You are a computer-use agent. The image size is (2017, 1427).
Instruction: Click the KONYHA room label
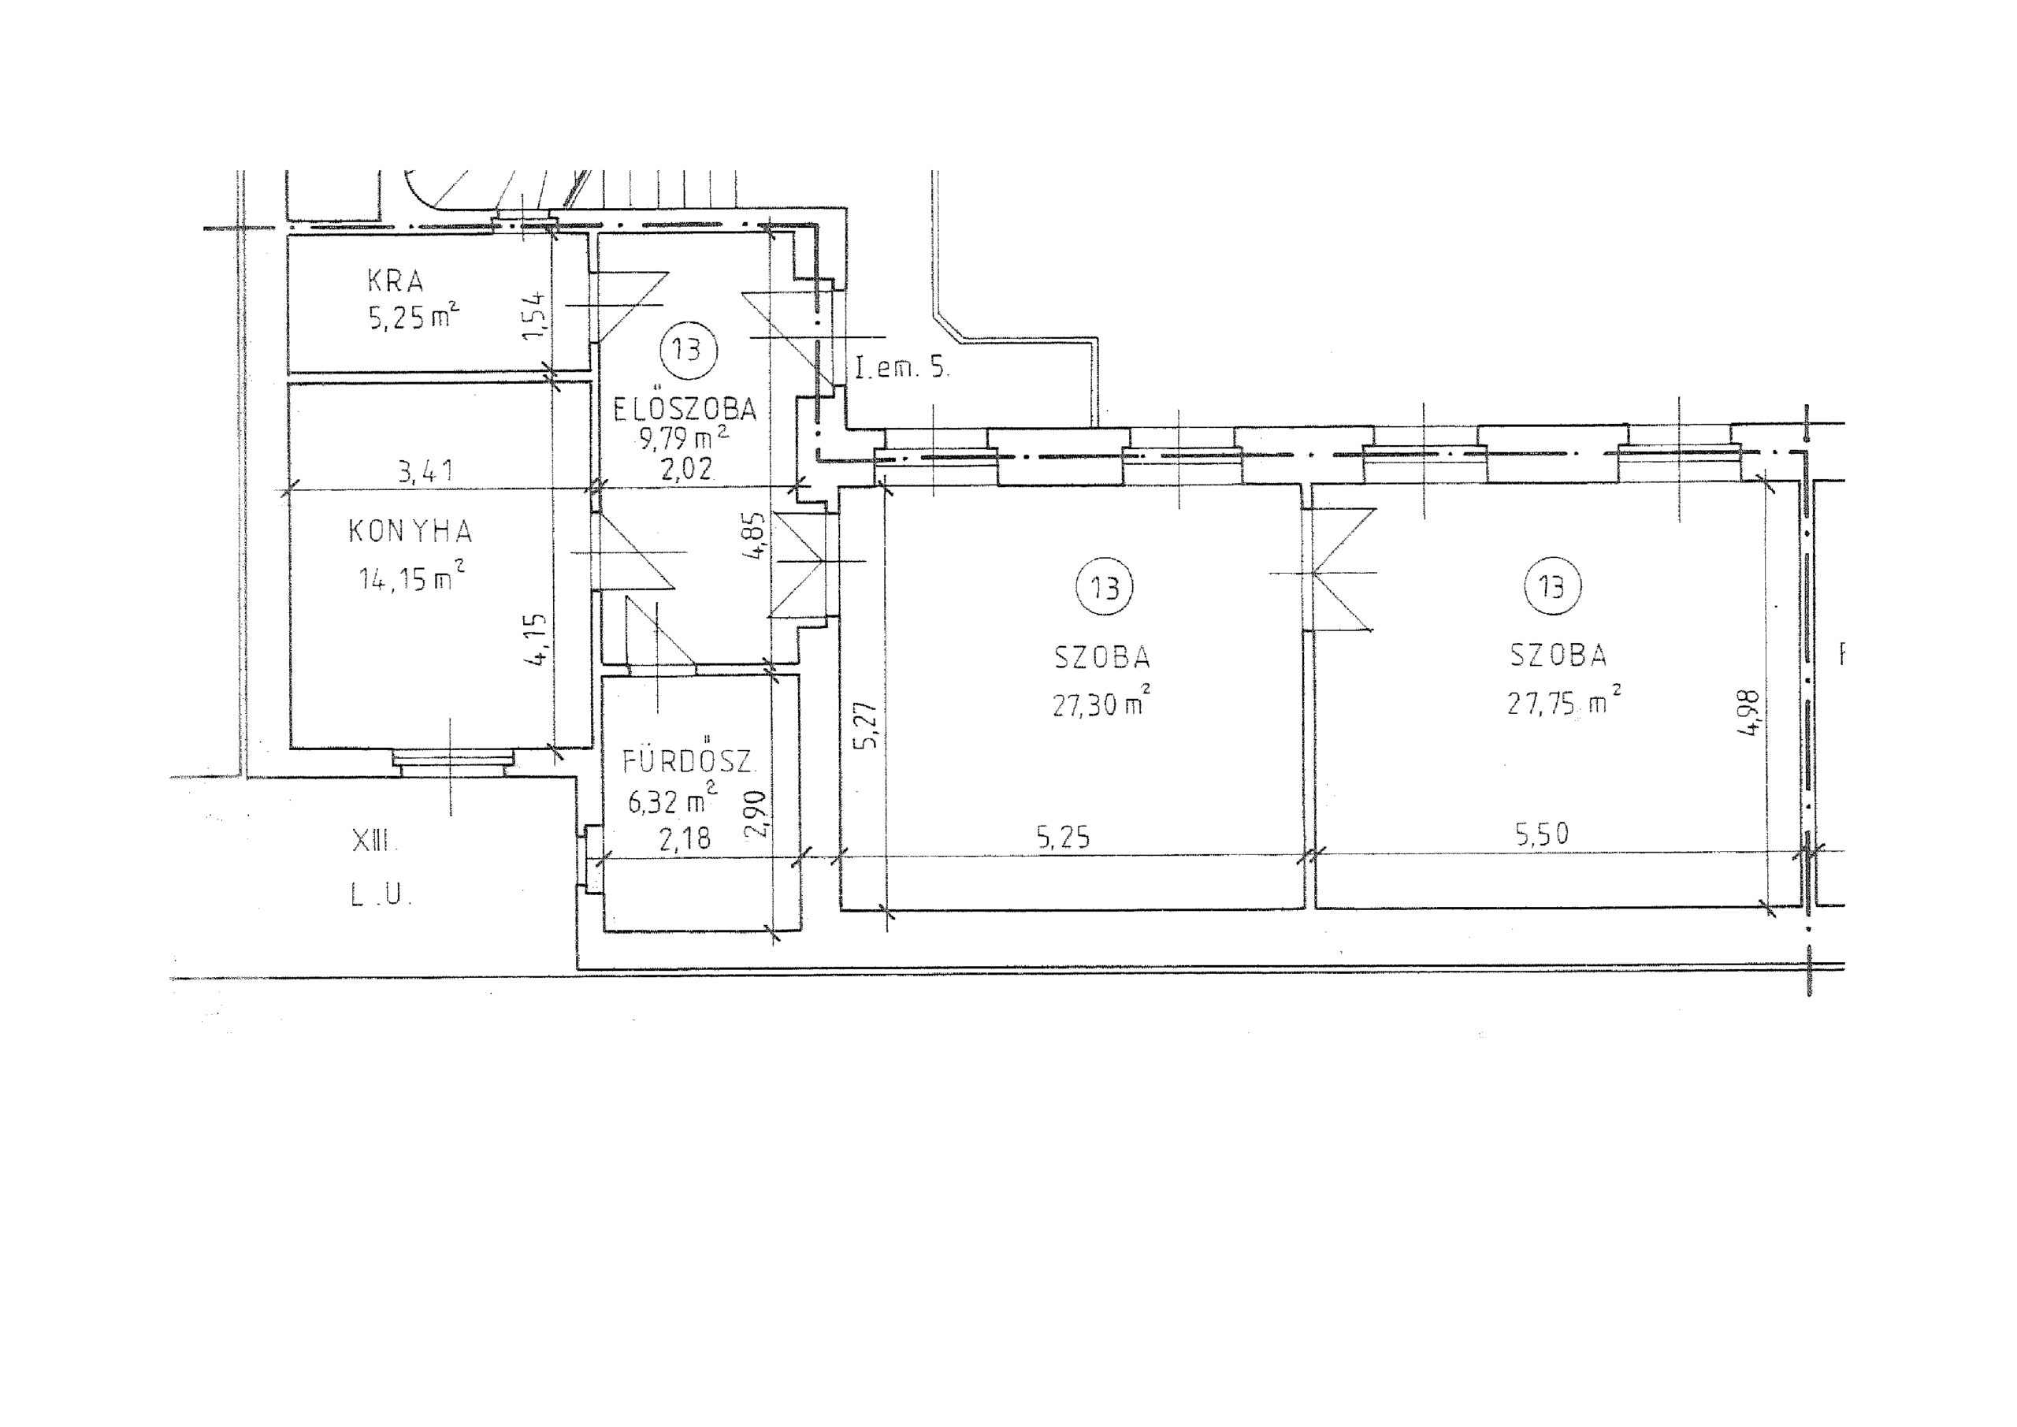pyautogui.click(x=411, y=532)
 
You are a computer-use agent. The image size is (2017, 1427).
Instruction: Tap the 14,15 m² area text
pyautogui.click(x=411, y=577)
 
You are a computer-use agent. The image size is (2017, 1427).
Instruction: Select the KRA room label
pyautogui.click(x=396, y=281)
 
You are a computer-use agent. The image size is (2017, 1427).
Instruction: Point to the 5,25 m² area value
pyautogui.click(x=413, y=315)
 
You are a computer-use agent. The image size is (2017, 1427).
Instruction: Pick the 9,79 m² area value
pyautogui.click(x=685, y=437)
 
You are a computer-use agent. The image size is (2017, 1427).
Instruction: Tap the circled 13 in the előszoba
pyautogui.click(x=688, y=349)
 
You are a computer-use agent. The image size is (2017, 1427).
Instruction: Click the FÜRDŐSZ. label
pyautogui.click(x=688, y=760)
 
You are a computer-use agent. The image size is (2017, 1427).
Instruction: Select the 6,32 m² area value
pyautogui.click(x=672, y=800)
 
